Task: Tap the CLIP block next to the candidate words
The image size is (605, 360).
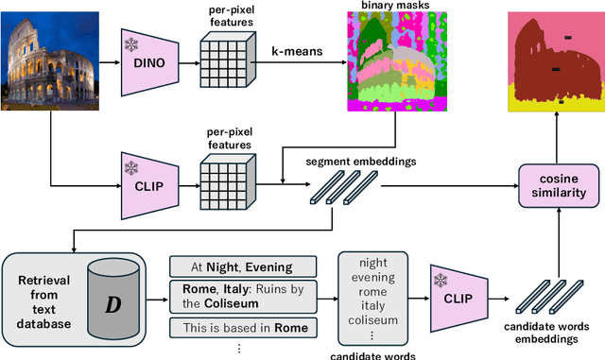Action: (458, 300)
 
